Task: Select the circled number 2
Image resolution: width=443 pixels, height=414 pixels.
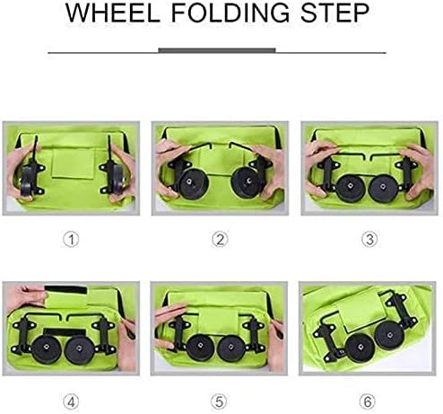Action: (221, 240)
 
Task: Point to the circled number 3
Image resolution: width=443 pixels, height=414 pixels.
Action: (369, 240)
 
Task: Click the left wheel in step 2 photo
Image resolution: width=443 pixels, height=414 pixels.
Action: (191, 183)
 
